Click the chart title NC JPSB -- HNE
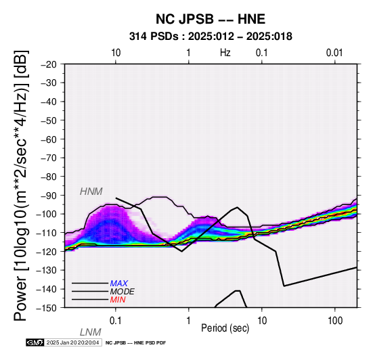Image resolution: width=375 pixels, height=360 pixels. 211,19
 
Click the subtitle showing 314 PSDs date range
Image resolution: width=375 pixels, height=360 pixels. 211,37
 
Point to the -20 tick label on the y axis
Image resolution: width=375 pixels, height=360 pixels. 49,64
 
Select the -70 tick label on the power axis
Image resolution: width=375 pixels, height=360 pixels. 49,158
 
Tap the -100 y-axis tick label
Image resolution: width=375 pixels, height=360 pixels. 47,214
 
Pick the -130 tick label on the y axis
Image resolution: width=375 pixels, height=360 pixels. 47,270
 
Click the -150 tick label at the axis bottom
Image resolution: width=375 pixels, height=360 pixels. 47,308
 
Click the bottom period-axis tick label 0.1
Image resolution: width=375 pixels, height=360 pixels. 116,321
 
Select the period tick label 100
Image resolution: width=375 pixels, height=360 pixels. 335,321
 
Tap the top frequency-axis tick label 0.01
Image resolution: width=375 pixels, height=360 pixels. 334,53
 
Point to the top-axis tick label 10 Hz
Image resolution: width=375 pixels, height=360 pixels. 116,53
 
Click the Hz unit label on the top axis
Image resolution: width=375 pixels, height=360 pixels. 225,53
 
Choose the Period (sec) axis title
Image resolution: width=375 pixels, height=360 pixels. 225,328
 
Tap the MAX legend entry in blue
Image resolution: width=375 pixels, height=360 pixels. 119,284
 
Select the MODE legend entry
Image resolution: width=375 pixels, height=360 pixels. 123,292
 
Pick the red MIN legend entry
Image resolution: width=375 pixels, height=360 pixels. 118,300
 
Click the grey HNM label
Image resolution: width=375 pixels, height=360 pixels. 91,192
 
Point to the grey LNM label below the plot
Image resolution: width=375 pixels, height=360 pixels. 91,332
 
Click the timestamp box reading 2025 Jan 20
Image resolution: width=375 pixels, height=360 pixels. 72,342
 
